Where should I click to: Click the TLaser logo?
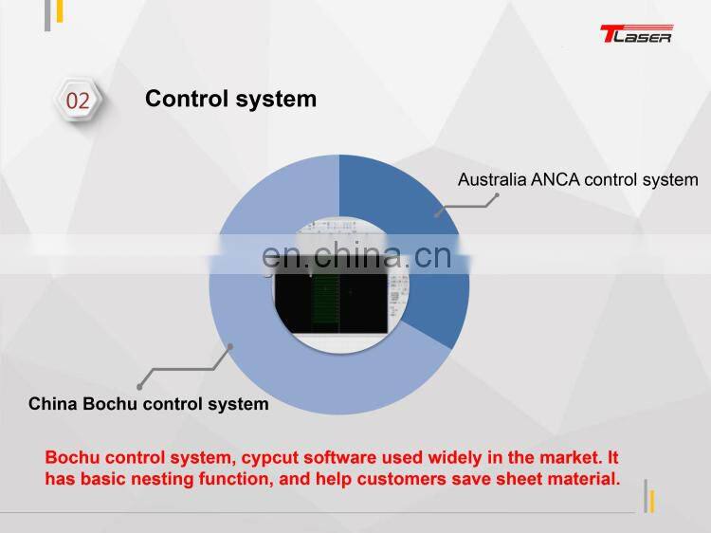[x=635, y=35]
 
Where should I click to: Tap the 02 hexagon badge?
[x=78, y=101]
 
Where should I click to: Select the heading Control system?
[x=230, y=99]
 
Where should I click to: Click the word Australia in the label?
[x=493, y=179]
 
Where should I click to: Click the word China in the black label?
[x=53, y=404]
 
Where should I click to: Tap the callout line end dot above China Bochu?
[x=139, y=386]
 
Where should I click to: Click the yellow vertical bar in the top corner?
[x=59, y=11]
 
